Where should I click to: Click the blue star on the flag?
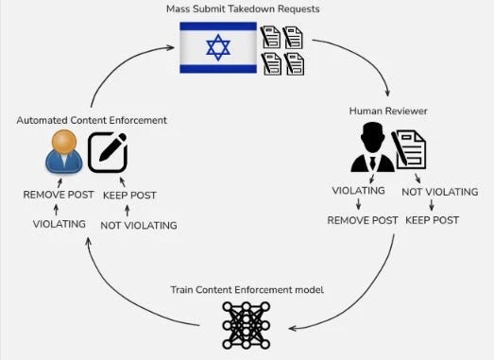pos(218,47)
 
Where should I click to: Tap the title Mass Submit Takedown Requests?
pos(243,9)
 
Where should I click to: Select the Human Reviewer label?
pos(388,111)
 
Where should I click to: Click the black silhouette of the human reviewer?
pos(373,146)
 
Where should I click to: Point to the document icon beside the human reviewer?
pos(409,149)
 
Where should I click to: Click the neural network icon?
pos(247,325)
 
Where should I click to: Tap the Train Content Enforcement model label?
pos(247,290)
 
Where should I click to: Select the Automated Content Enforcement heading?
pos(92,120)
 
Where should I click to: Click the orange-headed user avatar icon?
pos(64,151)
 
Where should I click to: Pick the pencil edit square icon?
pos(108,152)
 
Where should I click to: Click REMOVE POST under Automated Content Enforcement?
pos(59,195)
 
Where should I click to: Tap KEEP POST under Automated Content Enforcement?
pos(129,196)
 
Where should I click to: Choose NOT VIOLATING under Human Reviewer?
pos(440,192)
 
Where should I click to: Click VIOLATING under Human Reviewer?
pos(359,191)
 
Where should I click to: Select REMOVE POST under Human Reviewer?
pos(363,220)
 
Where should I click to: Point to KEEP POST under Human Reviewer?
pos(432,220)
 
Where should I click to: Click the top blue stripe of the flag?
pos(218,26)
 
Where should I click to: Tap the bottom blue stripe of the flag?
pos(218,68)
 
